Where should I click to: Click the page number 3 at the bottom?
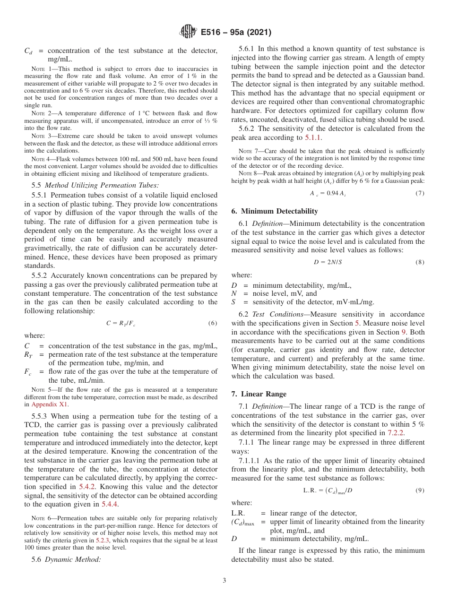tap(224, 581)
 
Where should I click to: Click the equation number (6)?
tap(212, 323)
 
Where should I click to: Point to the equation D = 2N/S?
tap(327, 262)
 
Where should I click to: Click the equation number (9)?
tap(420, 490)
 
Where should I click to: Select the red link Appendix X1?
tap(50, 404)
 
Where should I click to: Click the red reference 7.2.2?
tap(395, 432)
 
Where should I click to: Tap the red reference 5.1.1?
tap(312, 137)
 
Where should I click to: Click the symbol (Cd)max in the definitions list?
tap(242, 522)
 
